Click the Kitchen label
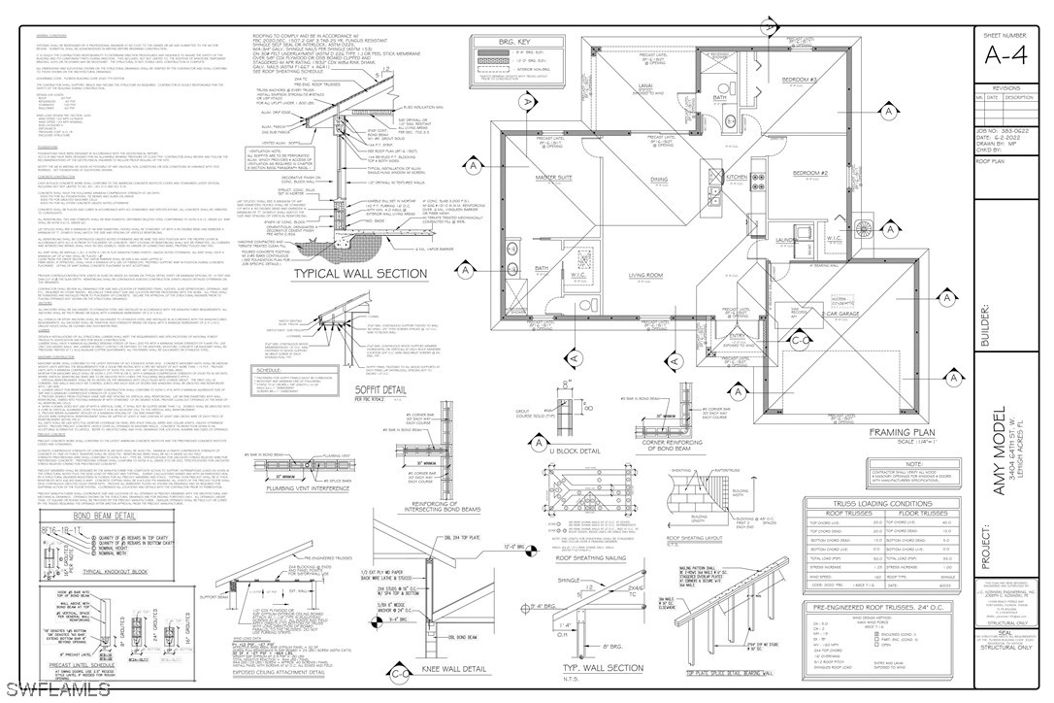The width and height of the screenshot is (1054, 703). [x=735, y=178]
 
